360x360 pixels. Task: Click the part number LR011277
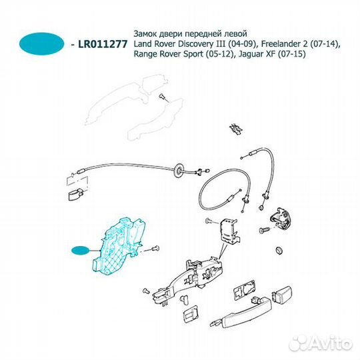point(103,44)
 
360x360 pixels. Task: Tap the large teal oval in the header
point(42,43)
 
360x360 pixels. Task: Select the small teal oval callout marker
point(80,250)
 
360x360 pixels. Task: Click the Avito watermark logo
point(320,343)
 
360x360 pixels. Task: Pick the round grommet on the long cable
point(179,170)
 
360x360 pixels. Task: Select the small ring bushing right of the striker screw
point(279,251)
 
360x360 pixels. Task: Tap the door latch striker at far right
point(281,219)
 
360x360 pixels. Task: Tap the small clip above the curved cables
point(236,129)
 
